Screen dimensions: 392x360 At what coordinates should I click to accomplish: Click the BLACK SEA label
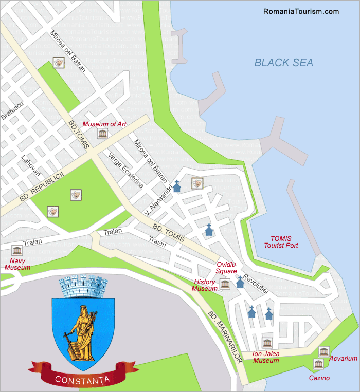point(284,63)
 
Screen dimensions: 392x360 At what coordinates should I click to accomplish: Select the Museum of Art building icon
point(102,134)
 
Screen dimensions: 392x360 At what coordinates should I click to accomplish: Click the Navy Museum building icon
point(17,250)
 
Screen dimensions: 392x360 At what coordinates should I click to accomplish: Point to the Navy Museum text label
point(17,264)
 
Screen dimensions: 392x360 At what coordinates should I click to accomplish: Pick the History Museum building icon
point(224,284)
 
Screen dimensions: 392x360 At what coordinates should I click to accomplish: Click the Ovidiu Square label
point(226,268)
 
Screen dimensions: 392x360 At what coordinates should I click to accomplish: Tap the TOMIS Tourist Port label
point(281,242)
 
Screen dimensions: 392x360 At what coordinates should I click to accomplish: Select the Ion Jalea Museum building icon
point(266,343)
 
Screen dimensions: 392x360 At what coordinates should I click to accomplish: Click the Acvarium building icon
point(323,351)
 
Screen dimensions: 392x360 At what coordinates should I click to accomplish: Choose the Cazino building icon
point(318,364)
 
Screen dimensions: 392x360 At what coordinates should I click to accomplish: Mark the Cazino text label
point(319,378)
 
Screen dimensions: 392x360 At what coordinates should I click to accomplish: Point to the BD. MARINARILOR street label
point(225,337)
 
